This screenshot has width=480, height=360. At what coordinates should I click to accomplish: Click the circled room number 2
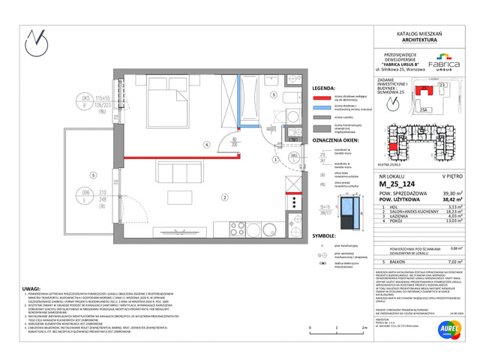[223, 197]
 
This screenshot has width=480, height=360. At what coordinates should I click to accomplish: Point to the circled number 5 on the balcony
[92, 175]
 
